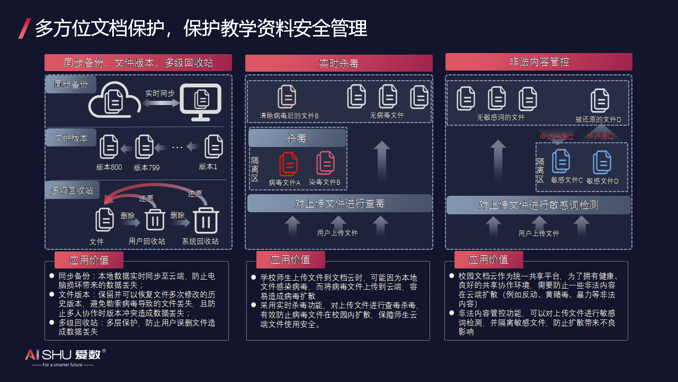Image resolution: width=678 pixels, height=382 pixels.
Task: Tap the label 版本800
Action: [109, 167]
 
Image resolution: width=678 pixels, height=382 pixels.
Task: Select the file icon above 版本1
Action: [213, 146]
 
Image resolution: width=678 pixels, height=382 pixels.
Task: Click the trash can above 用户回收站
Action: [155, 219]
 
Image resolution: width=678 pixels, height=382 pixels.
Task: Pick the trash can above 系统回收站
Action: [206, 219]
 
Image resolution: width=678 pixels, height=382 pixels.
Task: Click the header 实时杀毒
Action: [339, 63]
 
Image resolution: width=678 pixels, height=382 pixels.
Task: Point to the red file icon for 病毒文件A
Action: [288, 164]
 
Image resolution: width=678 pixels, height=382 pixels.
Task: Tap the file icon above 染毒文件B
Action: [325, 163]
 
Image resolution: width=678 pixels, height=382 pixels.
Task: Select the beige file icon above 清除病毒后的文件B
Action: [287, 97]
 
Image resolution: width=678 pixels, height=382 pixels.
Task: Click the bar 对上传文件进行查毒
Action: [340, 203]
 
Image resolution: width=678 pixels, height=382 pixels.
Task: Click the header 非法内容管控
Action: [539, 62]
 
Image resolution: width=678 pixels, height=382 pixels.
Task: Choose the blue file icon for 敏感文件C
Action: [561, 161]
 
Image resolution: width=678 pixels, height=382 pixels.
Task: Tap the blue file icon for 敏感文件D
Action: [602, 162]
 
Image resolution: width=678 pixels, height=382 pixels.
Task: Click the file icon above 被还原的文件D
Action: [600, 100]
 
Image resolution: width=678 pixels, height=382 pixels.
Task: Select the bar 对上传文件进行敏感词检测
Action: [538, 205]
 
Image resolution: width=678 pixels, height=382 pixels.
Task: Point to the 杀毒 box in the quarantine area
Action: [297, 138]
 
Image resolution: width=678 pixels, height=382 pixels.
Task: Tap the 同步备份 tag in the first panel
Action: [70, 84]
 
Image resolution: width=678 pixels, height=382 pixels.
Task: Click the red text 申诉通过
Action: [601, 136]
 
